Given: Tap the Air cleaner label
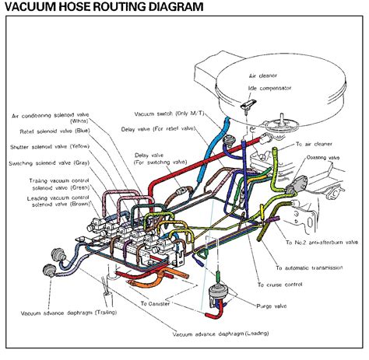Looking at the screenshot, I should pyautogui.click(x=264, y=77).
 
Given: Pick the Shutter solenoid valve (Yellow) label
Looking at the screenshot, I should pyautogui.click(x=63, y=146).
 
